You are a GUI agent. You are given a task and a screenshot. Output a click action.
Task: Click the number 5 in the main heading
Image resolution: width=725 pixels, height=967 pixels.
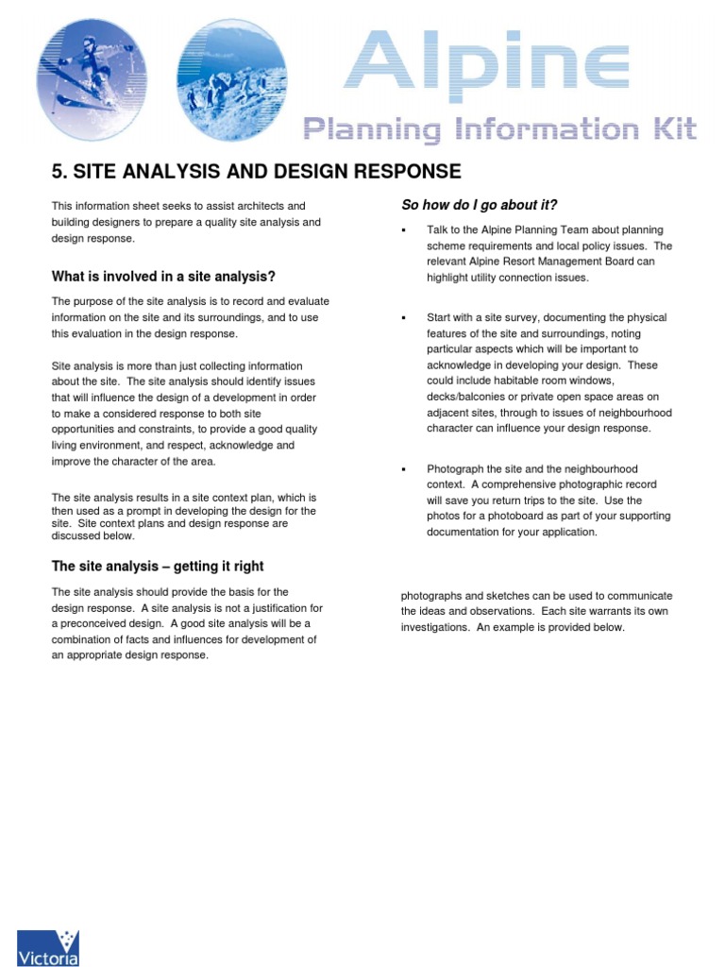click(56, 172)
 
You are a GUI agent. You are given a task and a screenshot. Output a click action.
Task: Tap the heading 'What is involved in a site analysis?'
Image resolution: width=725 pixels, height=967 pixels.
click(163, 277)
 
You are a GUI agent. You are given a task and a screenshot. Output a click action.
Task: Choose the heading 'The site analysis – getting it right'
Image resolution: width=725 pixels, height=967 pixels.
click(158, 567)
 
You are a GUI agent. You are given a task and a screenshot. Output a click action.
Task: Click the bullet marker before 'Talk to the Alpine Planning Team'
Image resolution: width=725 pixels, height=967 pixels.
click(403, 230)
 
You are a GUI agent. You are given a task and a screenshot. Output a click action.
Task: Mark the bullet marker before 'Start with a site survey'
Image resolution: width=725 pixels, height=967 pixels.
click(403, 318)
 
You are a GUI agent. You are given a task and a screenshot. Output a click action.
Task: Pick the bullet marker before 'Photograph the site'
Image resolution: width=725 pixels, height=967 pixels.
click(403, 469)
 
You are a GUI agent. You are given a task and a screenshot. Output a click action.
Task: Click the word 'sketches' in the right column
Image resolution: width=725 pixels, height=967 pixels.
click(507, 596)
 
